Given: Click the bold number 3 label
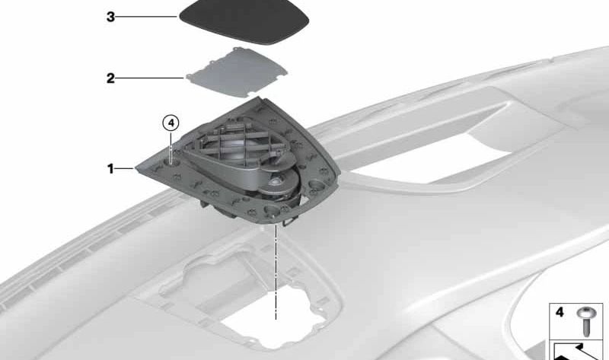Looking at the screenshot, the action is tap(110, 17).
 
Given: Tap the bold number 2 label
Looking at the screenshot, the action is tap(110, 78).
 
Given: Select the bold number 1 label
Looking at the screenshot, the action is tap(110, 169).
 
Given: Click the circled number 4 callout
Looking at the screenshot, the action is tap(171, 123).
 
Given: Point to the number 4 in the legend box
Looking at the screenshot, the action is tap(560, 312).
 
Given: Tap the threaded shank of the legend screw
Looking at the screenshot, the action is tap(585, 327).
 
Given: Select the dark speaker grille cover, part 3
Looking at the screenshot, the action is tap(244, 21).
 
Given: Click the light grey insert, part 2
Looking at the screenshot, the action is tap(237, 72).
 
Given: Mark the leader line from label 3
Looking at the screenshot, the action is tap(147, 17).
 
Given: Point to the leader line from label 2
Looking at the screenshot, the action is tap(150, 78).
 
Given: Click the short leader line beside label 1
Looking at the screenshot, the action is tap(125, 168).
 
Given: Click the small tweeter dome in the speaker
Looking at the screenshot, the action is tap(276, 182).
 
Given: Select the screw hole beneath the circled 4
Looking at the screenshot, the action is tap(172, 163).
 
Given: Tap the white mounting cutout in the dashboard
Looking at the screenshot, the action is tap(274, 317).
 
